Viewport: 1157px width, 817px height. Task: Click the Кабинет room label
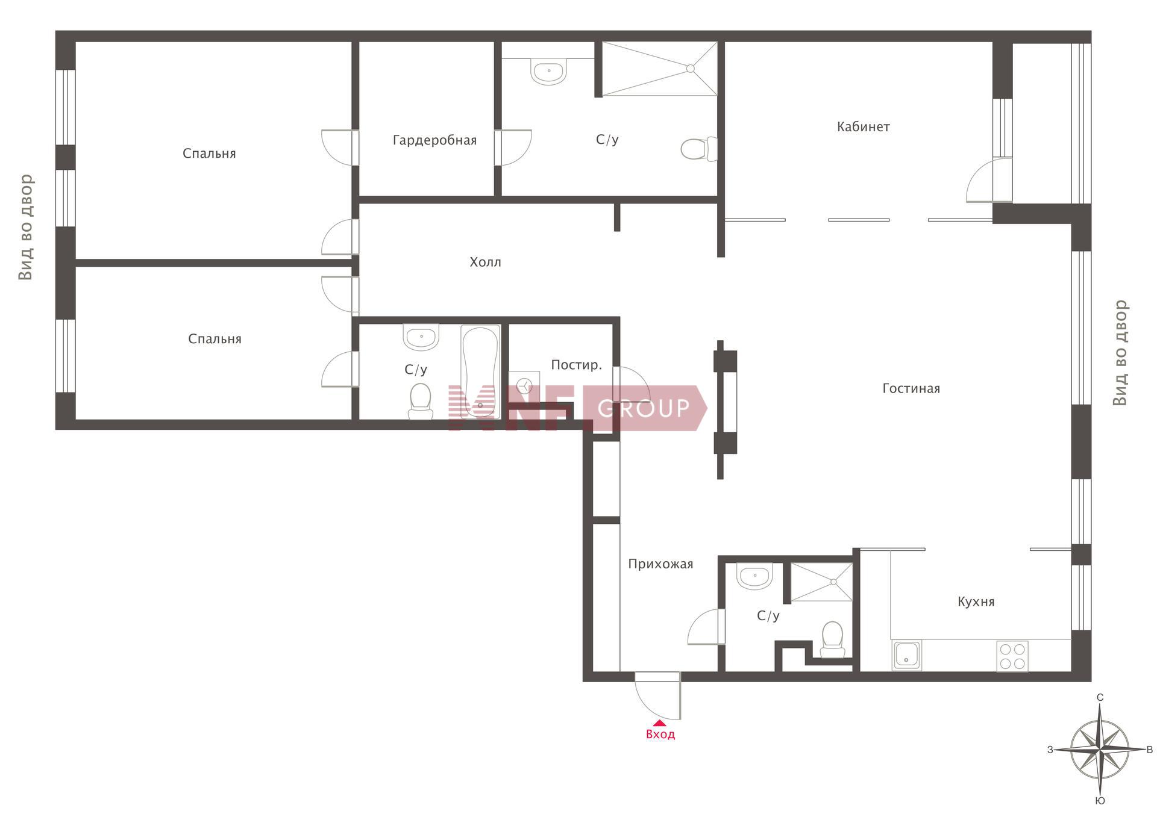(863, 127)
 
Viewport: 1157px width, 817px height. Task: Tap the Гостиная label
(911, 389)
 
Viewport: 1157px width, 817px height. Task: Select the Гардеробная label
(434, 141)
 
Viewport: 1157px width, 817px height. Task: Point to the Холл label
(485, 262)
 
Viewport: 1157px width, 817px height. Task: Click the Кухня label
(976, 601)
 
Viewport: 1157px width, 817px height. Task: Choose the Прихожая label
(660, 564)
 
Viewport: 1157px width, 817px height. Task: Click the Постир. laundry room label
(576, 365)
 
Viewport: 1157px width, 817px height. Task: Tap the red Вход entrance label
(660, 735)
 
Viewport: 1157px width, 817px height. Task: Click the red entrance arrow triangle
(660, 723)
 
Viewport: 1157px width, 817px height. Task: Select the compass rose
(1100, 750)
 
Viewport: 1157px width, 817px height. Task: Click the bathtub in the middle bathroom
(480, 371)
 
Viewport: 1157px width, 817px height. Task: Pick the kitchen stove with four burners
(1012, 656)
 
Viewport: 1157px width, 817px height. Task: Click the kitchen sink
(907, 656)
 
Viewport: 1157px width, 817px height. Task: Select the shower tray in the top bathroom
(660, 69)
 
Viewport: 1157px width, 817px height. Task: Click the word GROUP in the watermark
(644, 408)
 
